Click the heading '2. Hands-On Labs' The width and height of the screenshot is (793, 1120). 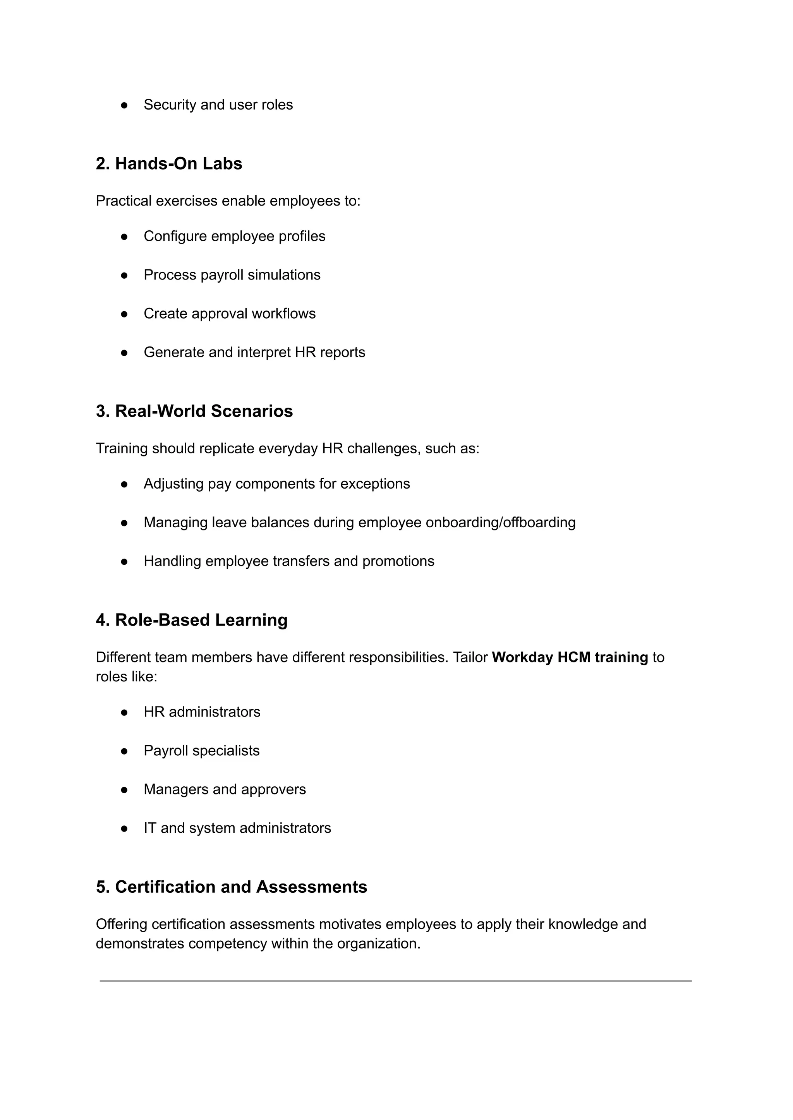coord(169,163)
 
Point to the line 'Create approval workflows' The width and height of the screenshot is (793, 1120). coord(230,314)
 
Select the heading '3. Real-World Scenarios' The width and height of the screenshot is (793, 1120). coord(194,411)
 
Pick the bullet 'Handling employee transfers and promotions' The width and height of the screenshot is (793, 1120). coord(288,561)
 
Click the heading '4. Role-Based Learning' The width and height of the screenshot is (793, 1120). coord(191,620)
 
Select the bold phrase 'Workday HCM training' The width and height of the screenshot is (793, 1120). coord(569,657)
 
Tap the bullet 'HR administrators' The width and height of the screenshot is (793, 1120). coord(202,712)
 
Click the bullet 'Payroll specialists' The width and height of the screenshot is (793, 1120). coord(201,750)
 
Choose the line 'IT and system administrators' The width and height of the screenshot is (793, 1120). coord(237,828)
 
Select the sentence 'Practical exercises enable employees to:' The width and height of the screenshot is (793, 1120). coord(228,201)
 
